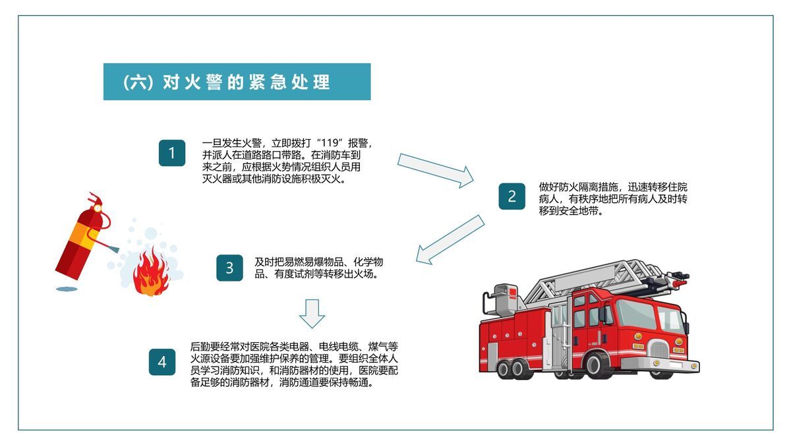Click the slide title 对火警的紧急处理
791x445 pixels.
coord(237,82)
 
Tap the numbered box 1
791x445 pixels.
coord(172,153)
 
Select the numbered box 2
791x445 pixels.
coord(512,196)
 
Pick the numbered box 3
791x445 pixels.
coord(229,268)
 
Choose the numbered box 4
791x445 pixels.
coord(162,362)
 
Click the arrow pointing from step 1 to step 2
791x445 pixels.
coord(436,170)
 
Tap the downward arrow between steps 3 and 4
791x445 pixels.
coord(312,313)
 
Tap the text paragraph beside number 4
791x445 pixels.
coord(294,365)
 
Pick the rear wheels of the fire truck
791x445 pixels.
coord(511,367)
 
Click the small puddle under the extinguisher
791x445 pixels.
coord(66,288)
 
